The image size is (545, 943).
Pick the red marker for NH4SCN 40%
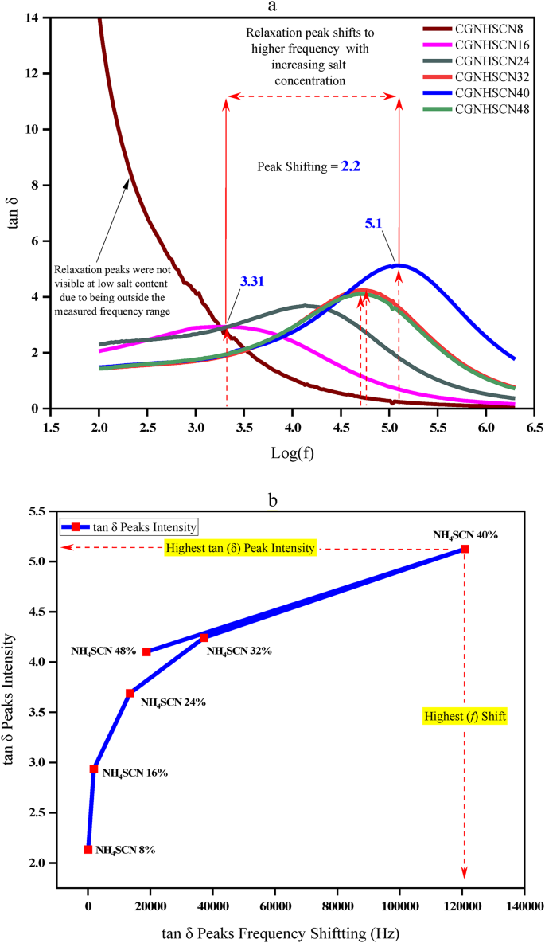[465, 549]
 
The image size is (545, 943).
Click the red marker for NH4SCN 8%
[88, 849]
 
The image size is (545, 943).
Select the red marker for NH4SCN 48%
[146, 651]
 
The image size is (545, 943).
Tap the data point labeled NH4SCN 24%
[130, 693]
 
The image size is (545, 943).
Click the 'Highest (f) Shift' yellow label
[465, 717]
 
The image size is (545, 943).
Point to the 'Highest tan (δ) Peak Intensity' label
[239, 548]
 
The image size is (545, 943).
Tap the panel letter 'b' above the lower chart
[273, 501]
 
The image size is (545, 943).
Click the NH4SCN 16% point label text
[134, 773]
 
